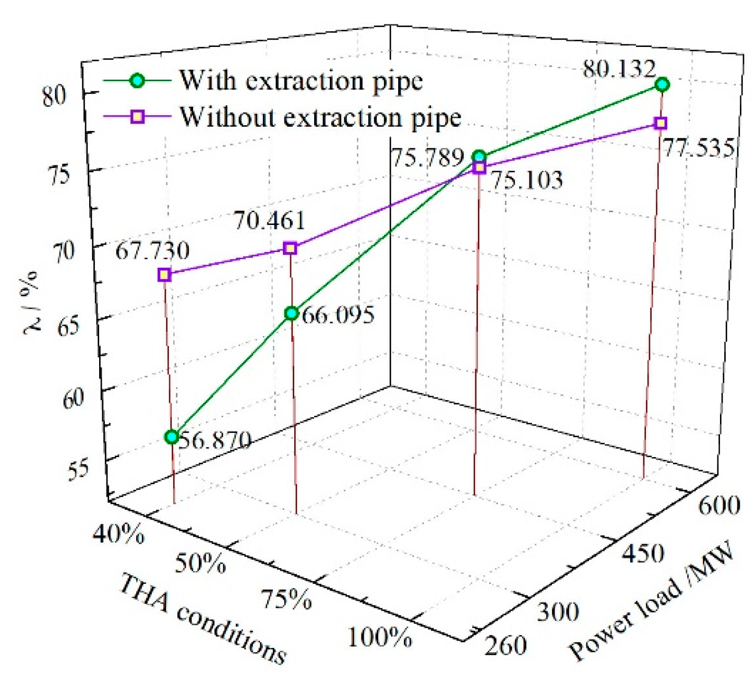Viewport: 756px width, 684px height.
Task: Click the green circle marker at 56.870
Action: [x=172, y=437]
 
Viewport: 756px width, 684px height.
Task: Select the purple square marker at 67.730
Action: [x=164, y=274]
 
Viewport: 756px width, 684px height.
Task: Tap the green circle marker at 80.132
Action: [x=662, y=85]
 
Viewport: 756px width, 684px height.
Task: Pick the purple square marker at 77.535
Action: [x=661, y=123]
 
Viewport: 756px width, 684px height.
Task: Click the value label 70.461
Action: [x=269, y=221]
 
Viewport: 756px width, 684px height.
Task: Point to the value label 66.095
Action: [x=338, y=315]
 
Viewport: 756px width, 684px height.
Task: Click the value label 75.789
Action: [x=428, y=157]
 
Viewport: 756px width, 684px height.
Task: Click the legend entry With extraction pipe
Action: [x=301, y=81]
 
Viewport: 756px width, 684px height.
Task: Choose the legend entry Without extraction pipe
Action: [x=320, y=117]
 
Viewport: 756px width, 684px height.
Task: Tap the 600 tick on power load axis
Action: [x=719, y=505]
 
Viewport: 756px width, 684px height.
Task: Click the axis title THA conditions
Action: [x=203, y=618]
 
